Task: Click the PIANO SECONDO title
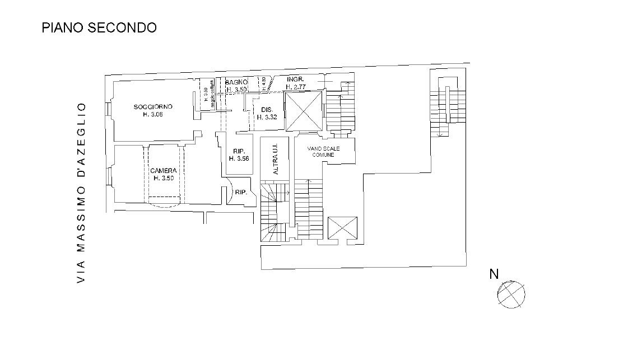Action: (x=99, y=27)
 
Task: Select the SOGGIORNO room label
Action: (x=153, y=106)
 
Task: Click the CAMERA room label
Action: (x=164, y=170)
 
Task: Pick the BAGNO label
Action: (x=236, y=82)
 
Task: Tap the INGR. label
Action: (x=295, y=80)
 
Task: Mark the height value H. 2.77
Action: (x=295, y=87)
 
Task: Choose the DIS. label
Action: (x=267, y=109)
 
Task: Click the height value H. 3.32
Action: (x=267, y=117)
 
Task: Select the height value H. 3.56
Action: (x=239, y=158)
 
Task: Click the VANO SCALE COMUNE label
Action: (x=323, y=151)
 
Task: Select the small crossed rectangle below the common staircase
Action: (x=342, y=228)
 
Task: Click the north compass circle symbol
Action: (x=511, y=294)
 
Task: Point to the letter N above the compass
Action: (x=494, y=274)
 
